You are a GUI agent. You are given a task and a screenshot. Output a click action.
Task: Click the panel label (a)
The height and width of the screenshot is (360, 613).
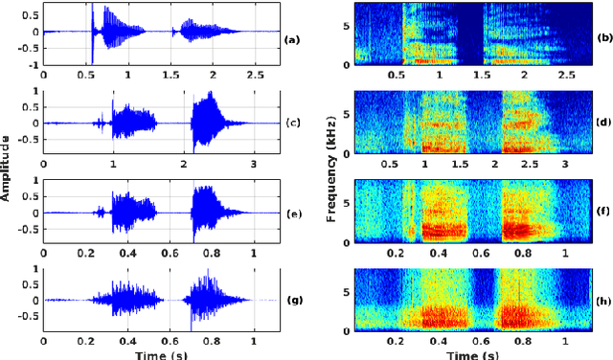point(292,38)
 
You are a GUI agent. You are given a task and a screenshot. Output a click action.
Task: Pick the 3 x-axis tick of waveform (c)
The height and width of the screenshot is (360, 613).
point(254,164)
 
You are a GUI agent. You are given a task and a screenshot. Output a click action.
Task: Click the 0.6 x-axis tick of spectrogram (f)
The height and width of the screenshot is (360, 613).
point(480,253)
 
